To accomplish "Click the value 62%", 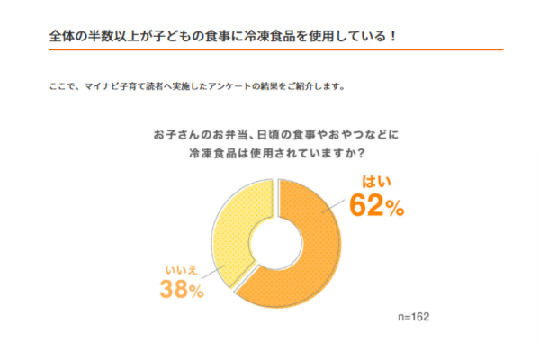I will [377, 207].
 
